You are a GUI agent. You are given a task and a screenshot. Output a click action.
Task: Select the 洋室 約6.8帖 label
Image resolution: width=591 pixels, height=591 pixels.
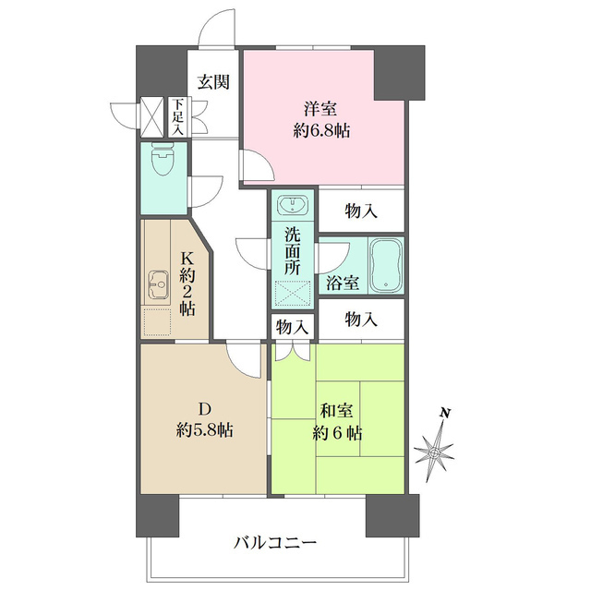point(321,118)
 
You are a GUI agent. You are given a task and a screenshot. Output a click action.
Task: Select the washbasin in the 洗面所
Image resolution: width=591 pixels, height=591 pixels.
point(293,204)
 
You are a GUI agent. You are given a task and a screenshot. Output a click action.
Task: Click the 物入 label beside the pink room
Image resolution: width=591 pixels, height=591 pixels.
point(361,211)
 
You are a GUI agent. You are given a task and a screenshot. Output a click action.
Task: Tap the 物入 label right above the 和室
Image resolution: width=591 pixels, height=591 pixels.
point(361,320)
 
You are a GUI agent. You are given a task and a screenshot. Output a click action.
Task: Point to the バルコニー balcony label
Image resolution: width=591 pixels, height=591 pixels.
point(274,541)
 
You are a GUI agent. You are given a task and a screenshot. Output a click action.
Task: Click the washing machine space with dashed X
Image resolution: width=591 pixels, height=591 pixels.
point(292,292)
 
